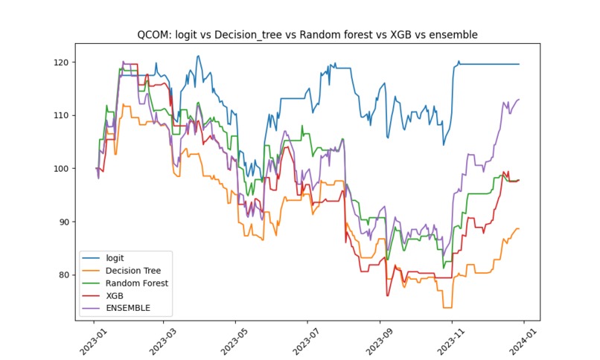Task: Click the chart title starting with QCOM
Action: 307,34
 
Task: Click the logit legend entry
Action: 115,258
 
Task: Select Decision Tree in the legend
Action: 133,271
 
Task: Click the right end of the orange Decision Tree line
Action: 519,228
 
